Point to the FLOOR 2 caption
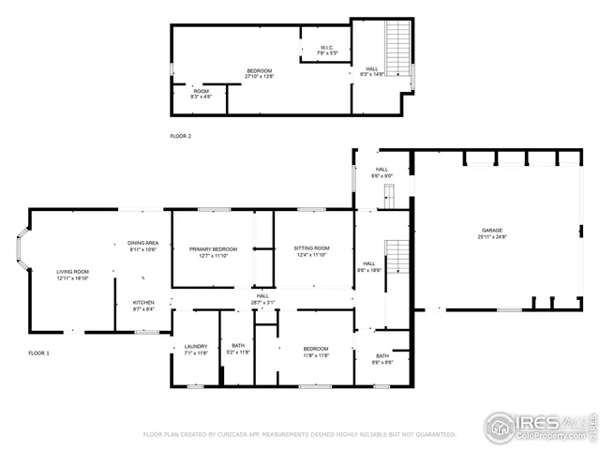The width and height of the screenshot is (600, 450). coord(180,137)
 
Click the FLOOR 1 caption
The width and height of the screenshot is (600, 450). coord(38,352)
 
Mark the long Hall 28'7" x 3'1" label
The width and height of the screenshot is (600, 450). coord(262,299)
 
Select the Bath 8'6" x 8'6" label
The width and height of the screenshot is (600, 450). coord(382,358)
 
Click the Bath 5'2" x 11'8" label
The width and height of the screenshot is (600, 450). coord(238,348)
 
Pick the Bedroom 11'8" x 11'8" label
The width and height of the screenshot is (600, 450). coord(315,351)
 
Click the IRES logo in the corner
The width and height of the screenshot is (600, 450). coord(537,426)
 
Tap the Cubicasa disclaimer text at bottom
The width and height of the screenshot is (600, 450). coord(299,434)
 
